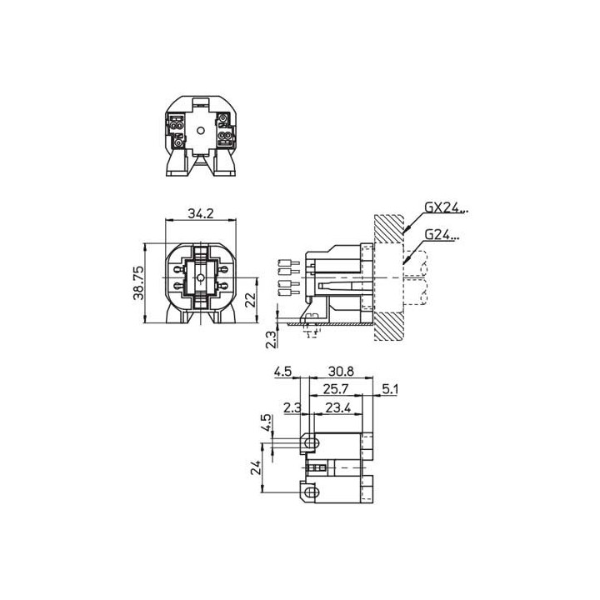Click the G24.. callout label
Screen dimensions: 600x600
coord(441,235)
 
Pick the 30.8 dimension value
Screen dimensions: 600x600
coord(340,372)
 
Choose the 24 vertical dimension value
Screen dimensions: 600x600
coord(257,469)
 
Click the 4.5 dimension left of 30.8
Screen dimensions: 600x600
coord(284,372)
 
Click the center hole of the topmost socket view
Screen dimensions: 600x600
coord(200,131)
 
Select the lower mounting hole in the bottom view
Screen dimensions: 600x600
coord(311,493)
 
